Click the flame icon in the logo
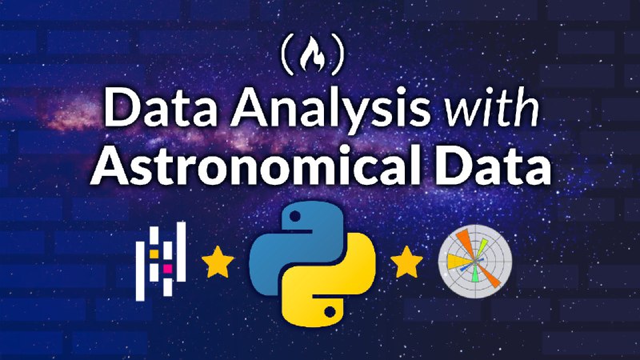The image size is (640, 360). pyautogui.click(x=312, y=54)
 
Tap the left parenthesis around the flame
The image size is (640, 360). pyautogui.click(x=287, y=54)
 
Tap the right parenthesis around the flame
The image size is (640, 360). pyautogui.click(x=338, y=54)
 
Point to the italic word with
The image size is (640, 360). pyautogui.click(x=492, y=108)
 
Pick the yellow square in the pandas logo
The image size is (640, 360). pyautogui.click(x=154, y=254)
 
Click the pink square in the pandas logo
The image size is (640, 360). pyautogui.click(x=167, y=268)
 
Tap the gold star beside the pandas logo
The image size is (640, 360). pyautogui.click(x=218, y=262)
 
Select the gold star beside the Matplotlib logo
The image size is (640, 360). pyautogui.click(x=406, y=262)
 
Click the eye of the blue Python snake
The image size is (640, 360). pyautogui.click(x=295, y=216)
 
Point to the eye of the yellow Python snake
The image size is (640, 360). pyautogui.click(x=330, y=312)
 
